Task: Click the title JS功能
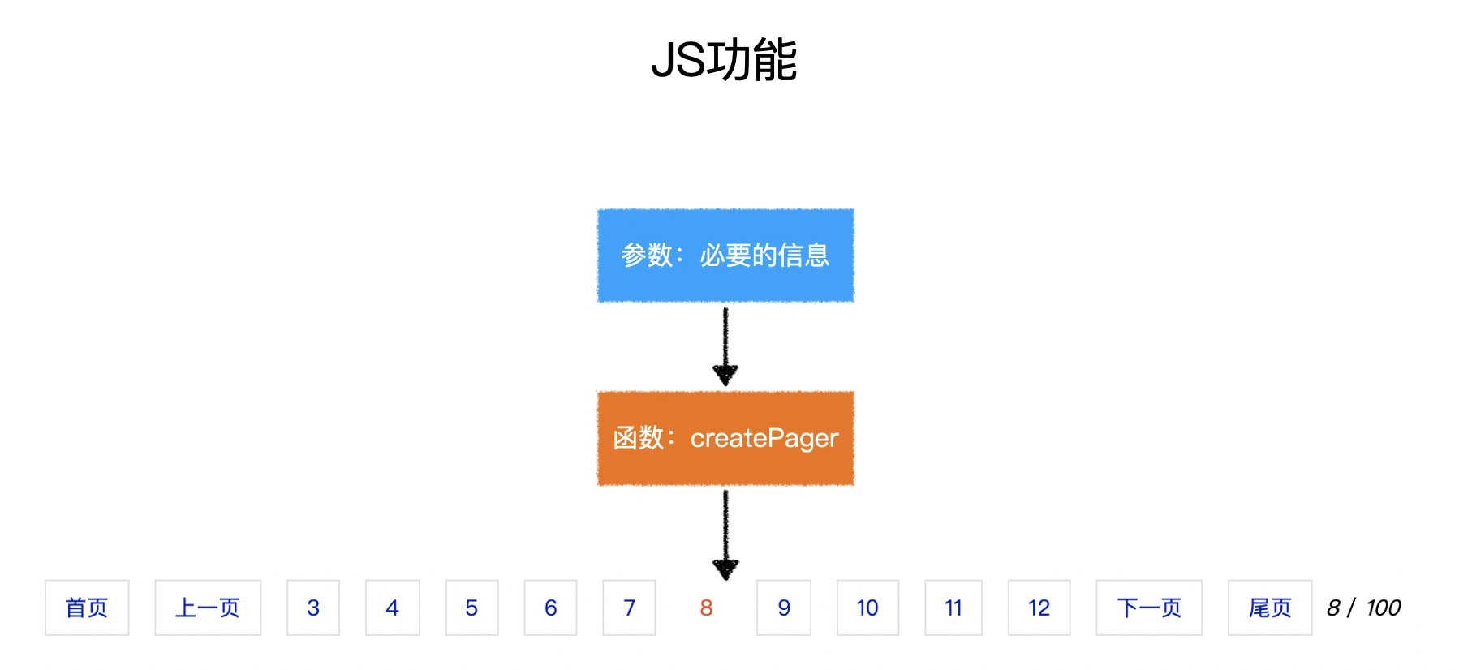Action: click(724, 60)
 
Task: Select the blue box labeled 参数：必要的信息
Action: click(725, 256)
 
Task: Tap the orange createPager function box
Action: click(725, 438)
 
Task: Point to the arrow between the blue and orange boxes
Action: click(725, 346)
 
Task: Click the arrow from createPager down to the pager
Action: click(725, 534)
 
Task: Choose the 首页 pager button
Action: click(87, 608)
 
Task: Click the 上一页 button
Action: click(208, 608)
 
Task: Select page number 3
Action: click(313, 608)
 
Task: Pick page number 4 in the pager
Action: click(393, 608)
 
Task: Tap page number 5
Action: click(471, 608)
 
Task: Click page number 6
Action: click(551, 608)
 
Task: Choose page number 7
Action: click(629, 608)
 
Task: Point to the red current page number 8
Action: click(706, 608)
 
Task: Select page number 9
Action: click(784, 608)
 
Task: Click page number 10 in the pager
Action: click(867, 608)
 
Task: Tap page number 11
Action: click(953, 608)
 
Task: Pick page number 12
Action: click(1039, 608)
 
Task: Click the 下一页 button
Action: click(1149, 608)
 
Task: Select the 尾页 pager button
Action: click(1270, 608)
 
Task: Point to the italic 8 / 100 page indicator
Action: click(1364, 608)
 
